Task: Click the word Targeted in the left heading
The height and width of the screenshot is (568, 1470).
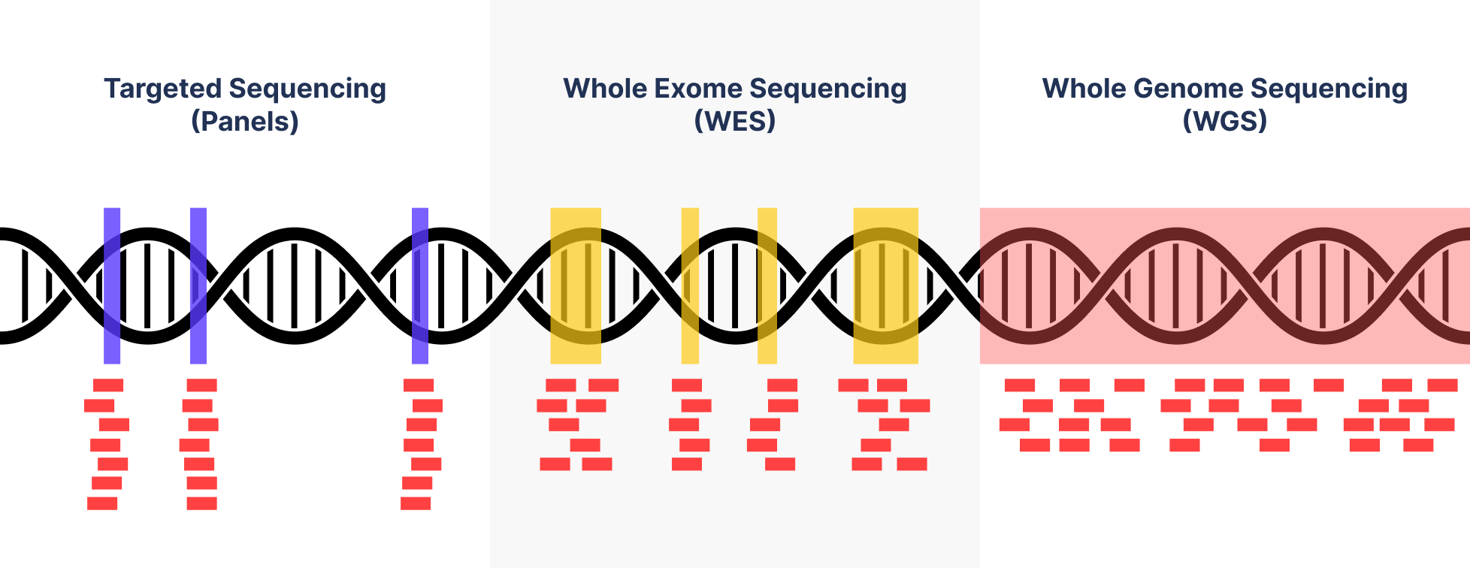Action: click(162, 89)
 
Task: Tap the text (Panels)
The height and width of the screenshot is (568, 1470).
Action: click(245, 121)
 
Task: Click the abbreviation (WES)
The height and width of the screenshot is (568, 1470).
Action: click(735, 121)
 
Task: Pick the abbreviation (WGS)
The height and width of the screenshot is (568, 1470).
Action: click(1225, 121)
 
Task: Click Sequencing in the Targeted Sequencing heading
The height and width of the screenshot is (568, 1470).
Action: click(307, 89)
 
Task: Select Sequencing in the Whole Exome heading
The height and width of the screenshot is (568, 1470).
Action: click(828, 89)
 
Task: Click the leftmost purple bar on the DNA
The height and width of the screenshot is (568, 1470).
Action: click(112, 286)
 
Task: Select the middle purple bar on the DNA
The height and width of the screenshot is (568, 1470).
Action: click(198, 286)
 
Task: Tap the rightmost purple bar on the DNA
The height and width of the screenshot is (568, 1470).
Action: click(420, 286)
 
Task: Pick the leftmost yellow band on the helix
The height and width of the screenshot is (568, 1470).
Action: click(576, 286)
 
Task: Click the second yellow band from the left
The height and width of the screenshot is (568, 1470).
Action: click(690, 286)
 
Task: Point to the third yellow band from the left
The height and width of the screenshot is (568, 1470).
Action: click(767, 286)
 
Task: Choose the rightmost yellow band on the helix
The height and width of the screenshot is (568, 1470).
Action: click(885, 286)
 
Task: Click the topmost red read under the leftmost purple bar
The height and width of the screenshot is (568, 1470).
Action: click(108, 385)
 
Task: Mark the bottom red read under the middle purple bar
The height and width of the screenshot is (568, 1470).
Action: click(201, 503)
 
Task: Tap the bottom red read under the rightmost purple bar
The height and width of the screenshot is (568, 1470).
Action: click(416, 503)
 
